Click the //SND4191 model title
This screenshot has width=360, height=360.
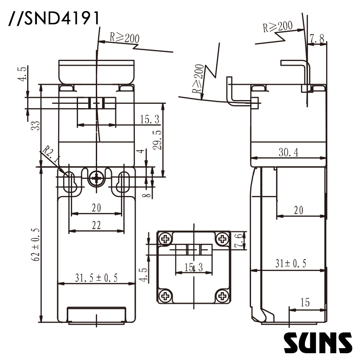tap(53, 18)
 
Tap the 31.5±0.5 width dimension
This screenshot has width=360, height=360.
tap(96, 278)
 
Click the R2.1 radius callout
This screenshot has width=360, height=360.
tap(51, 155)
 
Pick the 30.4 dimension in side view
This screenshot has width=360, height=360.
tap(288, 153)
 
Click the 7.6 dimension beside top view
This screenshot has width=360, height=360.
tap(239, 240)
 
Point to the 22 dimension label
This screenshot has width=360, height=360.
tap(96, 225)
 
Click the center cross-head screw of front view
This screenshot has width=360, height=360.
tap(97, 179)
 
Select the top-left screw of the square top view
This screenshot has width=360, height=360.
tap(165, 239)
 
